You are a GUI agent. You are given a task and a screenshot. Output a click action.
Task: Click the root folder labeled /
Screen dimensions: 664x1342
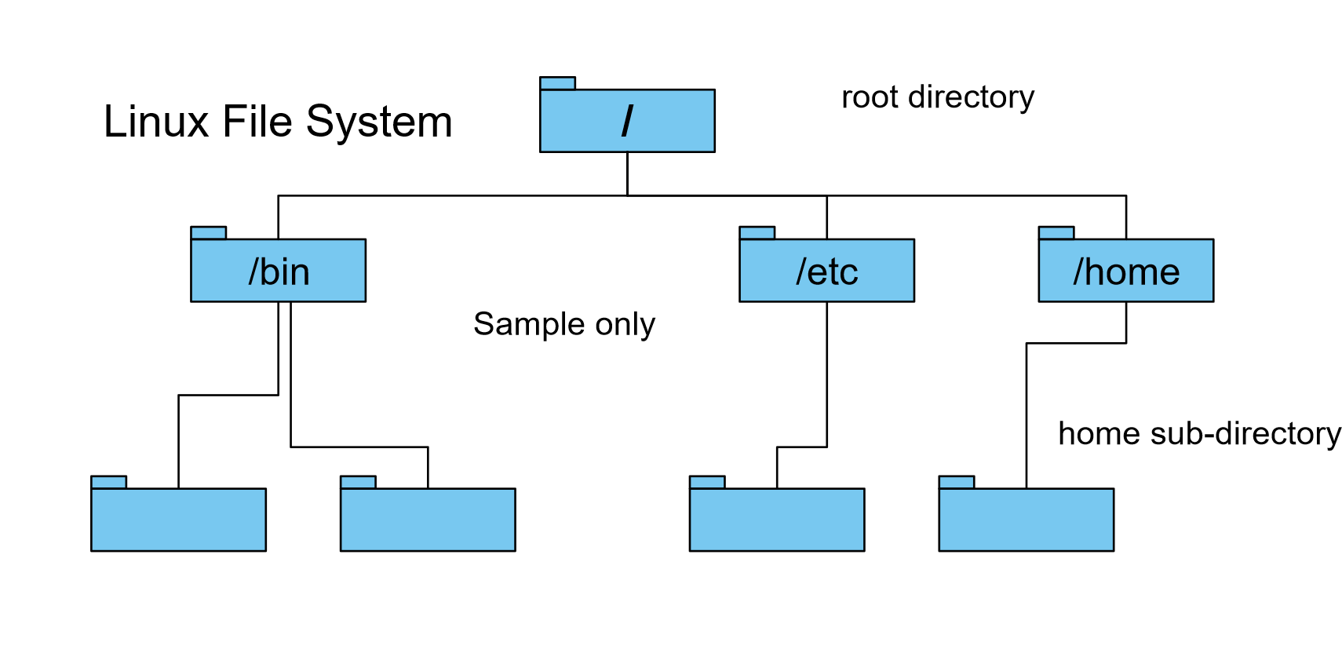627,120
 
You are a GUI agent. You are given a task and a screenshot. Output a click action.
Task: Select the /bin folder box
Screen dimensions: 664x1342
278,271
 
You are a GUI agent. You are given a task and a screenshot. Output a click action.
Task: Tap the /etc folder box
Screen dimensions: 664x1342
826,271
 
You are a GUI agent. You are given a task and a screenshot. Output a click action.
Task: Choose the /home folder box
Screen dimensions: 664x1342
1125,271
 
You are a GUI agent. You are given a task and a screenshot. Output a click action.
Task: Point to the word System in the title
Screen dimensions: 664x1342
379,122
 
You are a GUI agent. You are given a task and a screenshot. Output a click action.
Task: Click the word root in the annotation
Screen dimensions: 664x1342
870,97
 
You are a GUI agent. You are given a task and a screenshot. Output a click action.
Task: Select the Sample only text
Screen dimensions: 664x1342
563,324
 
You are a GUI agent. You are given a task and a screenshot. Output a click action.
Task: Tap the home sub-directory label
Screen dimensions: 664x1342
1198,433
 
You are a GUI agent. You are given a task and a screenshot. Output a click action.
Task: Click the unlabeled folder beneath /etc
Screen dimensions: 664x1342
777,520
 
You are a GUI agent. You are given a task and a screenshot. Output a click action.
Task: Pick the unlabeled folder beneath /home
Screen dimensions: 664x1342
1026,520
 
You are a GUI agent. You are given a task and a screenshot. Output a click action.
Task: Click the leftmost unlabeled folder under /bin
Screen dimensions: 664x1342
178,520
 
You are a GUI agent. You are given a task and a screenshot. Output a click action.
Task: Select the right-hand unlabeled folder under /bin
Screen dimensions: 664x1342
428,520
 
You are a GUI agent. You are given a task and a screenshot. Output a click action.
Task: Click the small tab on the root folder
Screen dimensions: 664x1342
557,83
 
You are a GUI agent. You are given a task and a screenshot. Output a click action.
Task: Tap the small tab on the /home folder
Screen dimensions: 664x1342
1056,233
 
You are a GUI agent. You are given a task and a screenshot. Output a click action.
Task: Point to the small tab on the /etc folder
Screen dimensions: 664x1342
757,233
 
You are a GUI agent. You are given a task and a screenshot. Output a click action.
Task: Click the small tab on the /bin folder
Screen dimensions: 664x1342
208,233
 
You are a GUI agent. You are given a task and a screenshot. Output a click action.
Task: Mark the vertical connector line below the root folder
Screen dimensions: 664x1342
627,173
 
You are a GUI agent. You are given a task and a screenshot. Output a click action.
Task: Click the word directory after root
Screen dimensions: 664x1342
971,97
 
